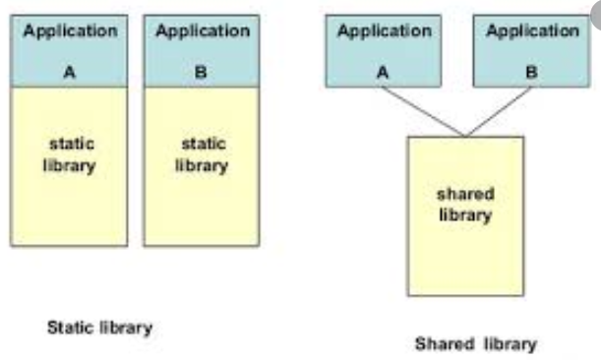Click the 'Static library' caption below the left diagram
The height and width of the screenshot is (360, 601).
click(x=99, y=327)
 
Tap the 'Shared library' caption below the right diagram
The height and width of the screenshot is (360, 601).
click(x=476, y=343)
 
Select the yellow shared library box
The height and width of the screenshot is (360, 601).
click(x=465, y=246)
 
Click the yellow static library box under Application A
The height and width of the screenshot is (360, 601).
click(x=69, y=197)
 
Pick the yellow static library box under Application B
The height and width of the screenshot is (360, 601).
click(x=202, y=197)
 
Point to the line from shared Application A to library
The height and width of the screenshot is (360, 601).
click(x=425, y=111)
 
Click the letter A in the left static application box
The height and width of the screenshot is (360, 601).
click(x=69, y=72)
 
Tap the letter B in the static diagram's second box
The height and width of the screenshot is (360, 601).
click(x=202, y=72)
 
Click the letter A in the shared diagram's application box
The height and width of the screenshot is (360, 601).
click(x=384, y=71)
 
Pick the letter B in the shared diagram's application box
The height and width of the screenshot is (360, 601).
click(x=532, y=71)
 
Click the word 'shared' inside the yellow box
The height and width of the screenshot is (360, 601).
click(x=465, y=195)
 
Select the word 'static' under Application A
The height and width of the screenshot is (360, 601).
click(x=69, y=145)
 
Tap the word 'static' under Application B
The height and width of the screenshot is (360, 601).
click(x=202, y=145)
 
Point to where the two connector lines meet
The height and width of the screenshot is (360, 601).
click(x=465, y=136)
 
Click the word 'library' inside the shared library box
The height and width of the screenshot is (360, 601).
click(x=465, y=214)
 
